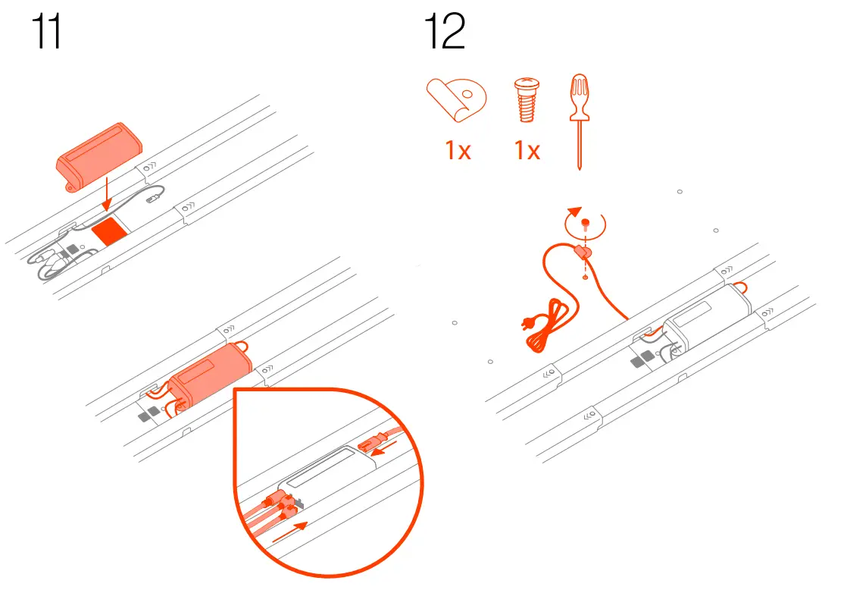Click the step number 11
coord(46,34)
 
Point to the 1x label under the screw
coord(527,151)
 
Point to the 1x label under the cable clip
coord(457,151)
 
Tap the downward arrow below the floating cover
coord(108,194)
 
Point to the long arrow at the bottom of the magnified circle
coord(291,529)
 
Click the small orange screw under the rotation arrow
coord(586,224)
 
